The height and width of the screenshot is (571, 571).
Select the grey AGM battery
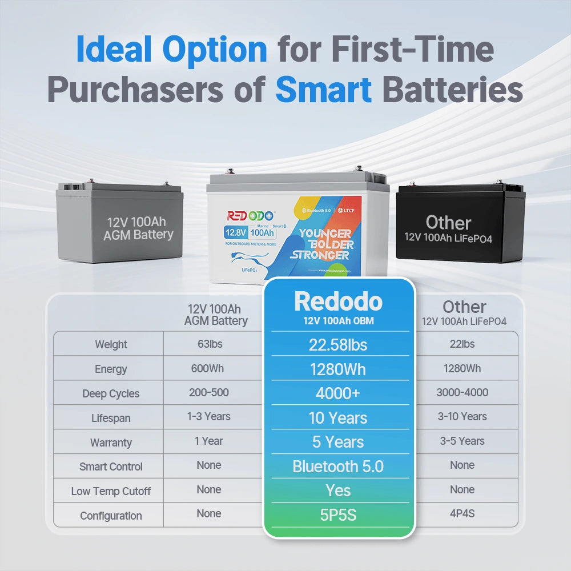(x=119, y=224)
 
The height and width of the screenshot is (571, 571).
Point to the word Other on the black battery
(x=448, y=222)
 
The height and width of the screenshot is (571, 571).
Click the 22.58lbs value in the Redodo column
(x=338, y=344)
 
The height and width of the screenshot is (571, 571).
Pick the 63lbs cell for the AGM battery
(x=208, y=344)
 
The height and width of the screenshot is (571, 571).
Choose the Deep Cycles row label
(x=111, y=393)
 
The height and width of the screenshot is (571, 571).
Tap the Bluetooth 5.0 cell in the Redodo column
(x=338, y=467)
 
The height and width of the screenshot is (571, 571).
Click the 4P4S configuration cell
(x=462, y=513)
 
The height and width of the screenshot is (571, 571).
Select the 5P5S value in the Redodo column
(x=338, y=515)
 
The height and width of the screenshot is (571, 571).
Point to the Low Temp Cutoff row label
(x=111, y=491)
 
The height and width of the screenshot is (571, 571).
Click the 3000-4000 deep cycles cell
(x=462, y=392)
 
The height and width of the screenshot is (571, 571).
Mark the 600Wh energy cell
(x=208, y=368)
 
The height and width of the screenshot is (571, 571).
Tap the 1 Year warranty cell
(x=208, y=441)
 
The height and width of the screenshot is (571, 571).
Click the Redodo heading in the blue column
(x=338, y=302)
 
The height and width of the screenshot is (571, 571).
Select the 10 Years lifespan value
(x=338, y=418)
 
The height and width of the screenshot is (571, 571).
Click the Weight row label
(x=111, y=344)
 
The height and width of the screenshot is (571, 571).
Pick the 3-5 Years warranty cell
(x=462, y=441)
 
